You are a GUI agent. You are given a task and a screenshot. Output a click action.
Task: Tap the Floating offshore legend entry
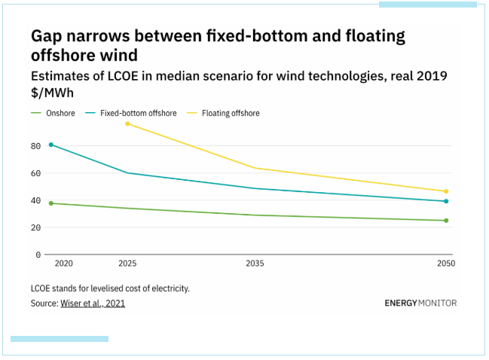point(231,113)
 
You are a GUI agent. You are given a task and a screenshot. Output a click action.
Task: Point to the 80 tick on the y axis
point(35,146)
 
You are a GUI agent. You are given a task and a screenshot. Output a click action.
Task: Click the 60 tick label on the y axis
point(35,173)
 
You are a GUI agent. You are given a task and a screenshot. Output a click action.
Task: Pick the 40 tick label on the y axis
point(35,200)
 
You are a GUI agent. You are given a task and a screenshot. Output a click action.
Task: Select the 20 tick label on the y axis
point(35,227)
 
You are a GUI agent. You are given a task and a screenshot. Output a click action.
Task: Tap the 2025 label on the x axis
point(127,264)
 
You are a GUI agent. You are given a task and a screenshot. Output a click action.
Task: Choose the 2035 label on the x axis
point(255,264)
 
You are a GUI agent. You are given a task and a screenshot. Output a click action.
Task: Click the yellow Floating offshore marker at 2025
point(127,124)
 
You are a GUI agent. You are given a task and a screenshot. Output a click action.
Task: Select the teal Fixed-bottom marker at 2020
point(51,145)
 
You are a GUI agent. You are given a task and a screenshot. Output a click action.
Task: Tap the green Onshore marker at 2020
point(51,203)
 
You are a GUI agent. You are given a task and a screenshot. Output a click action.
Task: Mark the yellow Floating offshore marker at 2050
point(446,191)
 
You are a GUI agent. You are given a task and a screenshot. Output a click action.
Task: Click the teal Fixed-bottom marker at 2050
point(446,201)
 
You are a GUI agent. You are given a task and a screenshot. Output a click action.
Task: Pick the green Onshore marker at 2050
point(446,221)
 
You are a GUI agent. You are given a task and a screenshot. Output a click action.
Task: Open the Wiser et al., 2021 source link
point(93,304)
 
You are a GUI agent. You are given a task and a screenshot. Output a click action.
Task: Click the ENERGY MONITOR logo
point(420,304)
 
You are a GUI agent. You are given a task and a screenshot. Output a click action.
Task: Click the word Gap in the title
point(48,36)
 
